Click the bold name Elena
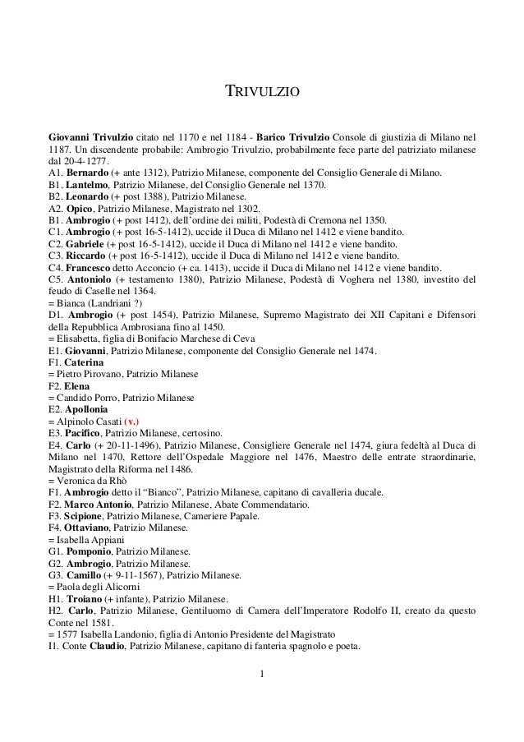[x=79, y=386]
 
